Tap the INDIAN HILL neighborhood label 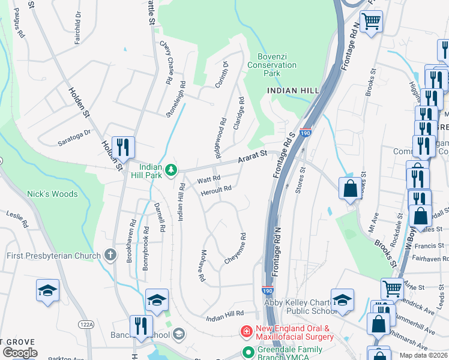(293, 90)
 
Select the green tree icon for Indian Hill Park (172, 170)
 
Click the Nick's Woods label (52, 194)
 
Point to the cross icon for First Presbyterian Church (110, 256)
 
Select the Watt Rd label (209, 179)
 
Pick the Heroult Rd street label (216, 189)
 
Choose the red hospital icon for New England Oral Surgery (246, 331)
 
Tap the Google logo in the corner (19, 353)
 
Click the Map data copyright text (423, 355)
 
